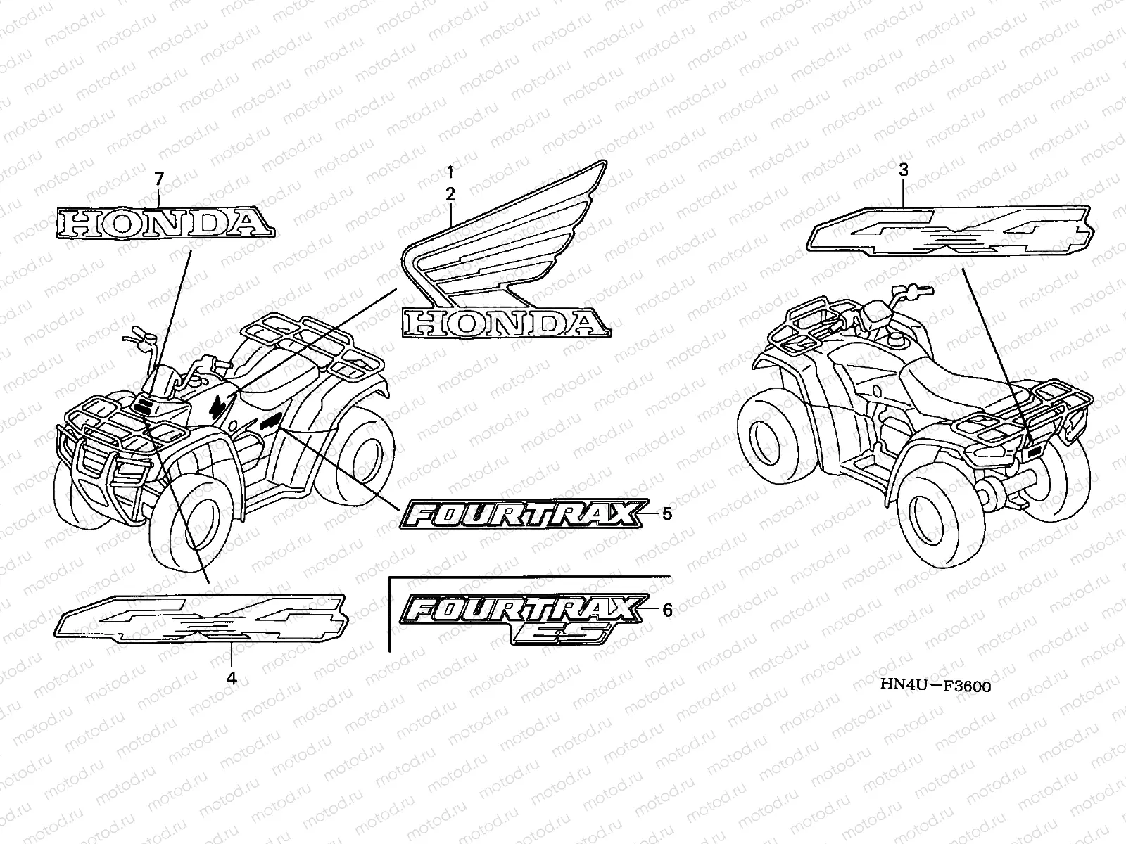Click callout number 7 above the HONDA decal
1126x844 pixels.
[158, 179]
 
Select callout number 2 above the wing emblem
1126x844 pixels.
[450, 192]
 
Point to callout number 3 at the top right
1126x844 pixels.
[904, 170]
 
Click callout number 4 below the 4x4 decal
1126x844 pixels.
[231, 679]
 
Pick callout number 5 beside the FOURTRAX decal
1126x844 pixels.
[666, 513]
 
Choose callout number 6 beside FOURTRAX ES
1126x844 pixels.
[666, 610]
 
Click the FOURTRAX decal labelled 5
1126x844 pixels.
[524, 515]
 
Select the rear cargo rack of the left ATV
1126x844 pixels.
[310, 345]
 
